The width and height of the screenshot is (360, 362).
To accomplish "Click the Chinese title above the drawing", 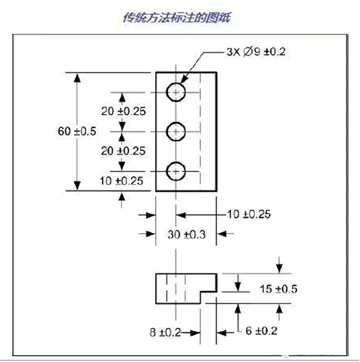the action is [x=177, y=17].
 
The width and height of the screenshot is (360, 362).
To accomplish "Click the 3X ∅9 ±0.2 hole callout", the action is [x=256, y=52].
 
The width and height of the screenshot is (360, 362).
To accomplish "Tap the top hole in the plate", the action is [x=175, y=92].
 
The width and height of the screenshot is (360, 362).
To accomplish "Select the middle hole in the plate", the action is [x=175, y=131].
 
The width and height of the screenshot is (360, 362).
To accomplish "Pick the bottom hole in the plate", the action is [x=175, y=171].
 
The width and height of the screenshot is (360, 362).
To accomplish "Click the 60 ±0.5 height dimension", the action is [x=77, y=131].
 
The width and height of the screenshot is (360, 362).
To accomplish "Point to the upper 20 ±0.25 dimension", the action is [x=123, y=111].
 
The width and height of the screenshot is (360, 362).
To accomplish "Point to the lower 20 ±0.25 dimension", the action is [x=123, y=151].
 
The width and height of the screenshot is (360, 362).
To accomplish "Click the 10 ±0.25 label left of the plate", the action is [x=121, y=181].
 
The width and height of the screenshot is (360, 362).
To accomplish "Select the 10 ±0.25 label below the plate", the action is [x=249, y=214].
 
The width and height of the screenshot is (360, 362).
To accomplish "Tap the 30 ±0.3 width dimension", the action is [x=187, y=235].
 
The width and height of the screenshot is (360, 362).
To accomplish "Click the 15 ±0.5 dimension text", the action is [x=278, y=289].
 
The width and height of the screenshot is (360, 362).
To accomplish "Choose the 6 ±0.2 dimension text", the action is [x=261, y=331].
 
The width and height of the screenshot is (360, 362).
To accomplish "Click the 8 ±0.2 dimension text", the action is [x=165, y=332].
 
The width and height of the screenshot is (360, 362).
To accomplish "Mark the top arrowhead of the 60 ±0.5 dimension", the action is [x=77, y=77].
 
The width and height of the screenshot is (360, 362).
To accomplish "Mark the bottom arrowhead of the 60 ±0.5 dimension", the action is [x=77, y=186].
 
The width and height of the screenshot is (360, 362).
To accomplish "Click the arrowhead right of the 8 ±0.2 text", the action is [x=195, y=333].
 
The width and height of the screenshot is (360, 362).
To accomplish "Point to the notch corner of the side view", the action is [x=200, y=292].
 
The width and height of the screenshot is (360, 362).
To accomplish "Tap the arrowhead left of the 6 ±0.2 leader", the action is [x=222, y=333].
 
